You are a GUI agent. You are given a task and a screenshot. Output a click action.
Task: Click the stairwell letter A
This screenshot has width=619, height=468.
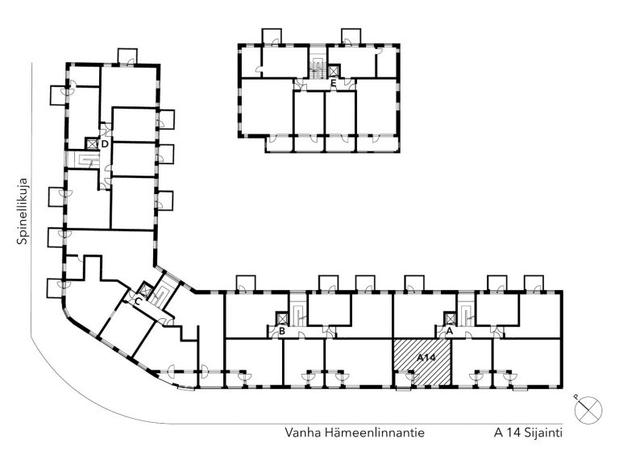pyautogui.click(x=449, y=331)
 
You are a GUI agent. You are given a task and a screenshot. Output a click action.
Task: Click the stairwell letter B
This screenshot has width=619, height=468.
pyautogui.click(x=282, y=331)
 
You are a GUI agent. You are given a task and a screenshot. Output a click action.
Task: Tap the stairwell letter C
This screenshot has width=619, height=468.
pyautogui.click(x=137, y=302)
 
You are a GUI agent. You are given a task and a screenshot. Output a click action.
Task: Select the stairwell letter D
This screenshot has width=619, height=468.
pyautogui.click(x=105, y=144)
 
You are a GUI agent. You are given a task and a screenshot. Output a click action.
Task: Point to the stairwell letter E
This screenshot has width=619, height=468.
pyautogui.click(x=334, y=83)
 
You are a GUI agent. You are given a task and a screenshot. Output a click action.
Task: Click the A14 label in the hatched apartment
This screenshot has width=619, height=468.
pyautogui.click(x=426, y=358)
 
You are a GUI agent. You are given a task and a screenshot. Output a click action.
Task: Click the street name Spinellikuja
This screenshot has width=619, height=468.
pyautogui.click(x=23, y=211)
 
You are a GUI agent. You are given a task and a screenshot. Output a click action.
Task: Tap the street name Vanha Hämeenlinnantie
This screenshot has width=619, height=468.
pyautogui.click(x=355, y=433)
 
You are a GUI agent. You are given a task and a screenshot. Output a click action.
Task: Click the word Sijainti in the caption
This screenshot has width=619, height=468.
pyautogui.click(x=543, y=433)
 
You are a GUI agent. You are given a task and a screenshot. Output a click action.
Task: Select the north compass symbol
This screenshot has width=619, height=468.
pyautogui.click(x=588, y=409)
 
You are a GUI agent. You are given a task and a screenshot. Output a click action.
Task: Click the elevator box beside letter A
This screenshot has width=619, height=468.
pyautogui.click(x=450, y=318)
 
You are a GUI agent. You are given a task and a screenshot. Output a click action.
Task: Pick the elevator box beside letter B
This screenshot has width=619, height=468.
pyautogui.click(x=283, y=318)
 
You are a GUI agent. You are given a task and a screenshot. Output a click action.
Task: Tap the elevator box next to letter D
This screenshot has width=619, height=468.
pyautogui.click(x=92, y=143)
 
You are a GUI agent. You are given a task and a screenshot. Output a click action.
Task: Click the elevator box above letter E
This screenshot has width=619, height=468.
pyautogui.click(x=334, y=71)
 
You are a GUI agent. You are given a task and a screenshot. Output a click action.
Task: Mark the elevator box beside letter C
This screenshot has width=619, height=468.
pyautogui.click(x=145, y=290)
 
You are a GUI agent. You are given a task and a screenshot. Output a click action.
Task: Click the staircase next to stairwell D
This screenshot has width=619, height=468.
pyautogui.click(x=84, y=159)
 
